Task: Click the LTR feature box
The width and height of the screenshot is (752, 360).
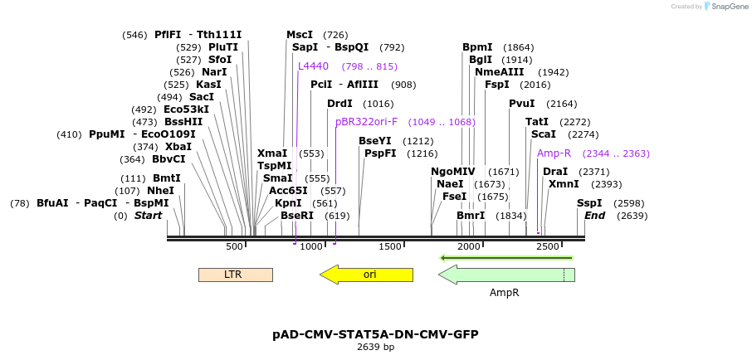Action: (x=235, y=275)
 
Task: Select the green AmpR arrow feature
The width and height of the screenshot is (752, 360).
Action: (x=505, y=275)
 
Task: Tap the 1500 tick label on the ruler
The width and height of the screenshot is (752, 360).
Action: (x=390, y=246)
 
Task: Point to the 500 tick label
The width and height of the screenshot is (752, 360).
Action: (x=235, y=246)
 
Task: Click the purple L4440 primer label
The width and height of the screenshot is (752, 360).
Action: (x=314, y=66)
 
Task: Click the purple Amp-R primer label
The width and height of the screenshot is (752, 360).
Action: (x=554, y=153)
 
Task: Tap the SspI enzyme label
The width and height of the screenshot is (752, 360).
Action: (x=589, y=203)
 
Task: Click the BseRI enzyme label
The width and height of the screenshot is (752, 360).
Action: (x=297, y=216)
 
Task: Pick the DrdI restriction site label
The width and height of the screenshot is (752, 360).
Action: (x=339, y=104)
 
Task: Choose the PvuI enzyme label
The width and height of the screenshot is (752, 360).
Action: (x=522, y=104)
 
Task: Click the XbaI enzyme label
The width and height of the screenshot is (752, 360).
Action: (x=178, y=147)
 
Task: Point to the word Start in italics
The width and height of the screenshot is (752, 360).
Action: (x=148, y=216)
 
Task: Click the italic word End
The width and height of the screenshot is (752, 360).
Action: (x=594, y=216)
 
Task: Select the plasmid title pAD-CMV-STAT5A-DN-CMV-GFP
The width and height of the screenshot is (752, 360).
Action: (x=375, y=334)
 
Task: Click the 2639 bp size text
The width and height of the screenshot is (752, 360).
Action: (x=375, y=348)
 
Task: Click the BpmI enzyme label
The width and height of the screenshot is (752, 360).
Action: (x=477, y=47)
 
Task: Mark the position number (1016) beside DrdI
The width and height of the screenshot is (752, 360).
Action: (x=378, y=104)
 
